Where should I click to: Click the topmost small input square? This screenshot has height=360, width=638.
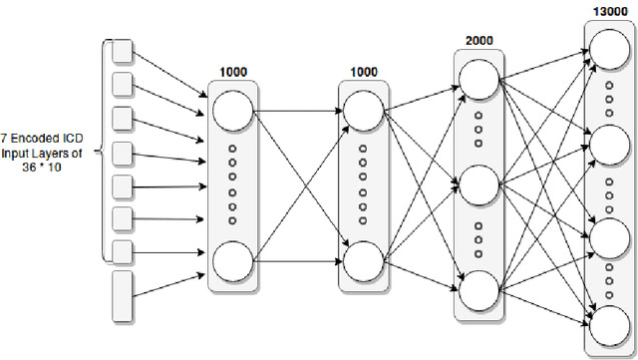[123, 50]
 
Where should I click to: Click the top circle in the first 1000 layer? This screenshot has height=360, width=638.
[231, 109]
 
